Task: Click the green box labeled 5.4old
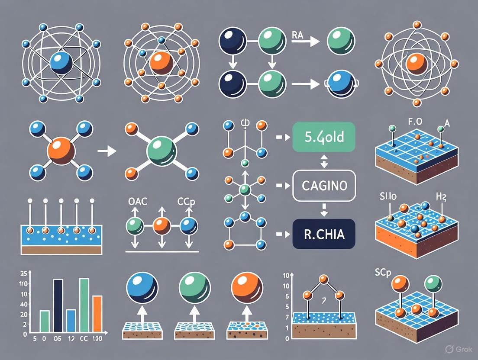[x=323, y=137]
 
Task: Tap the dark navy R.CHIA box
[x=324, y=234]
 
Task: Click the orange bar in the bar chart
[x=97, y=313]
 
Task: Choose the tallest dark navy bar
[x=58, y=305]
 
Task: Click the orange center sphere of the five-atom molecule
[x=61, y=151]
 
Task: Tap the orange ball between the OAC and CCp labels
[x=161, y=226]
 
